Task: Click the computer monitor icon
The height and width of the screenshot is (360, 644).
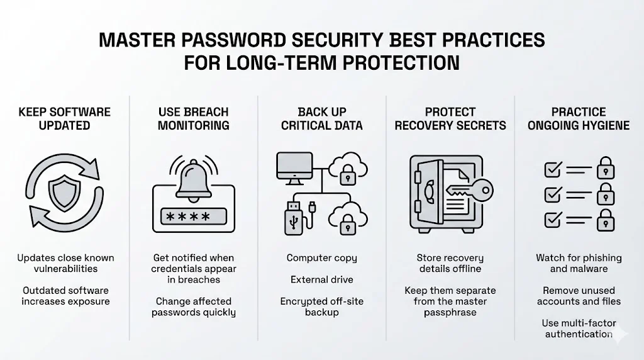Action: point(294,167)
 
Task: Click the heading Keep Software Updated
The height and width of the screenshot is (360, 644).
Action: point(64,118)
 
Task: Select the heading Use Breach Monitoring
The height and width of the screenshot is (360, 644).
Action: point(194,118)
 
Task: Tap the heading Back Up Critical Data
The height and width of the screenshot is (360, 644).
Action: point(322,118)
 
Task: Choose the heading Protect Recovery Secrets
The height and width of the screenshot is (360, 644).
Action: point(450,118)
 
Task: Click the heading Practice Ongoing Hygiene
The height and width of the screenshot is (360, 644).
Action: point(579,118)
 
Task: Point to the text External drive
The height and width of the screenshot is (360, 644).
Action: point(322,279)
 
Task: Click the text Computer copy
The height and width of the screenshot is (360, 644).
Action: point(322,258)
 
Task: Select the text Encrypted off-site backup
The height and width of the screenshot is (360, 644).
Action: point(322,307)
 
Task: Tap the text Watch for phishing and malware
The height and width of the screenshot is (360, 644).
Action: point(579,263)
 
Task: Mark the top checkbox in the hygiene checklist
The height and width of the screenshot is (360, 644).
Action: point(552,169)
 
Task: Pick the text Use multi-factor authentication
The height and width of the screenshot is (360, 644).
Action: point(579,329)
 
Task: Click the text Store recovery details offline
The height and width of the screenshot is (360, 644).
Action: point(450,263)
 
